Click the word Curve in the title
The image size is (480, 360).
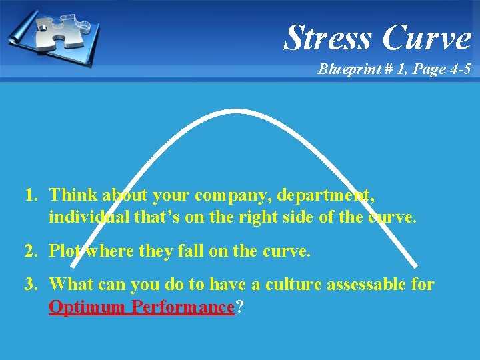(x=427, y=37)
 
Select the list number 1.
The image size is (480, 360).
(x=30, y=195)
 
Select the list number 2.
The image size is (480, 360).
(x=30, y=251)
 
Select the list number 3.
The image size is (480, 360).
(x=30, y=285)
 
